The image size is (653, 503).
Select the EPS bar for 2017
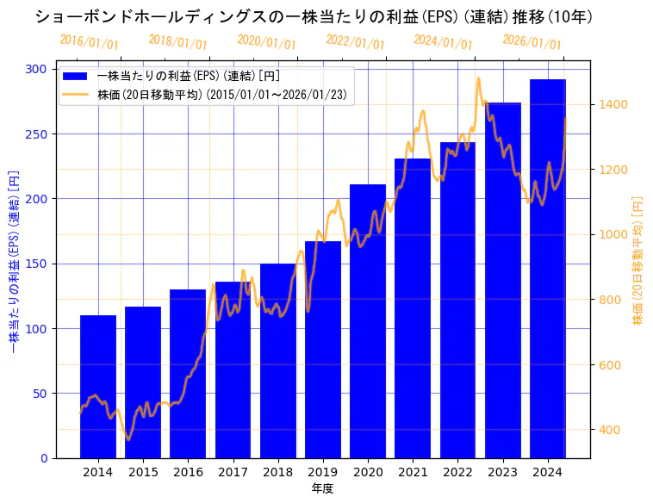coord(233,369)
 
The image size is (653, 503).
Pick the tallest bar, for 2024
coord(548,268)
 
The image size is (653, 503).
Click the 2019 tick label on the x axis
coord(323,472)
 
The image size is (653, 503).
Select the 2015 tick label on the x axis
coord(143,472)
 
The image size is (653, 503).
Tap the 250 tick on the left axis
coord(38,134)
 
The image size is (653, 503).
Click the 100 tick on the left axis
coord(38,329)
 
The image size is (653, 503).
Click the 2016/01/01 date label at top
coord(89,42)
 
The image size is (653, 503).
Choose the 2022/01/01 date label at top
coord(355,42)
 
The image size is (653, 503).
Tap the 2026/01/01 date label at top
coord(532,42)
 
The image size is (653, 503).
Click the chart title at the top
coord(314,16)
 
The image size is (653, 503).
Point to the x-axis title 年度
coord(323,488)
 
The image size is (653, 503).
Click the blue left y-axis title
coord(13,264)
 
